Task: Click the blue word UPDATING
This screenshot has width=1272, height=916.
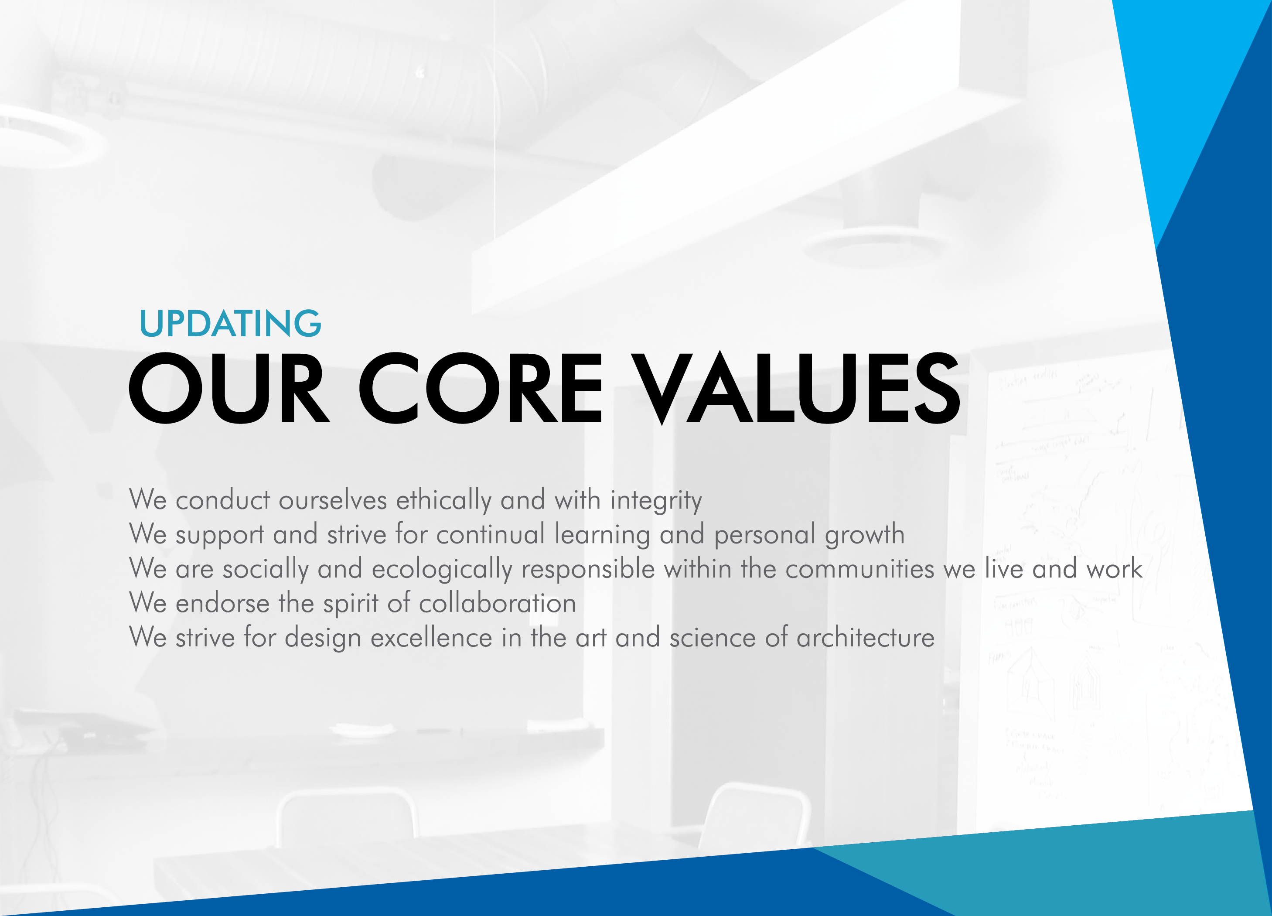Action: pos(230,323)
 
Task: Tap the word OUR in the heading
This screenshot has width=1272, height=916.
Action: pos(229,388)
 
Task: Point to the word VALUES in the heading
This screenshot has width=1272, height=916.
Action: pos(796,388)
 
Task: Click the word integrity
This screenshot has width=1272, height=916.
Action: pos(656,500)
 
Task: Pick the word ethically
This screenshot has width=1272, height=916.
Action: pos(443,500)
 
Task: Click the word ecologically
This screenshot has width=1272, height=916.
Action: pos(442,569)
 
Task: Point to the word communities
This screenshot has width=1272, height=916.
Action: pos(860,569)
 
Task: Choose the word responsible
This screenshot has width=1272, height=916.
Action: pos(588,569)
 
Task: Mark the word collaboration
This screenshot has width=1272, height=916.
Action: pos(498,603)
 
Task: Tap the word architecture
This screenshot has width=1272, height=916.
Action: pos(866,638)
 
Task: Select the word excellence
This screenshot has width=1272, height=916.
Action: pos(431,638)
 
